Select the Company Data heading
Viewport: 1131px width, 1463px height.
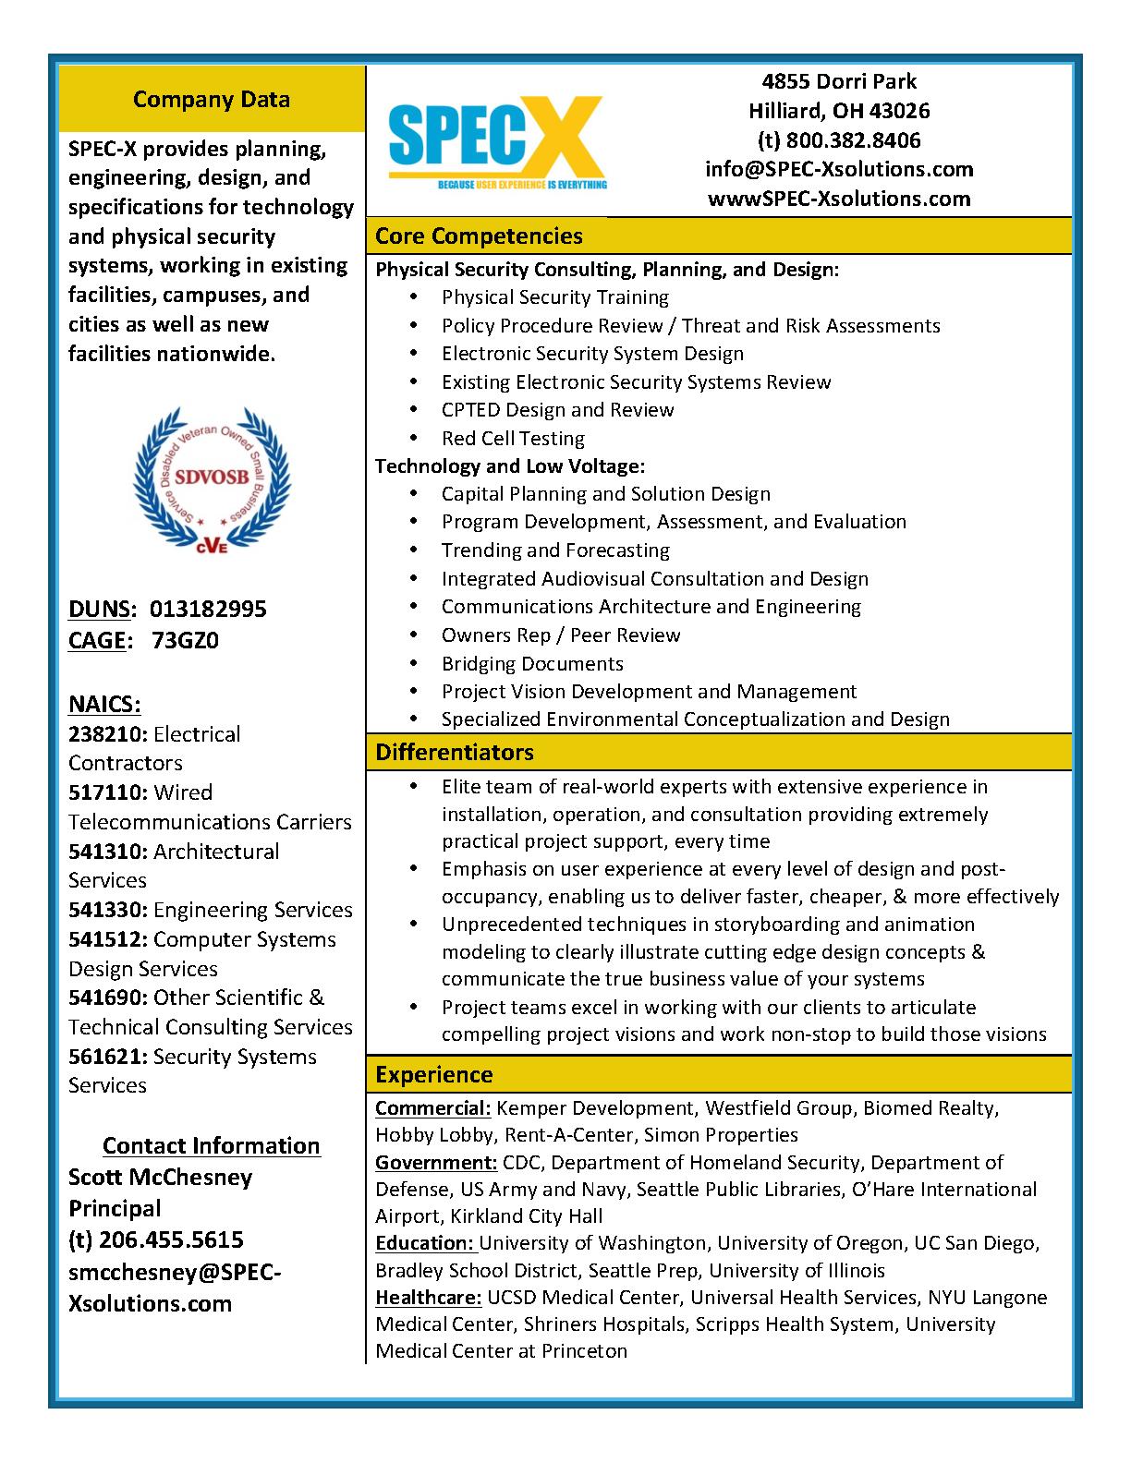click(x=212, y=99)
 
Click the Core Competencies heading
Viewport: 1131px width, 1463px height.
click(x=479, y=236)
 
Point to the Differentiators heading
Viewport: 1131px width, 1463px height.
click(x=454, y=752)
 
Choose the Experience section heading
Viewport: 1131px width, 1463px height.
click(x=433, y=1074)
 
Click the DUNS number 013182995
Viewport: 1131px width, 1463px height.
click(x=208, y=609)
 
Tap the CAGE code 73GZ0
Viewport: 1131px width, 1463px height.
click(x=185, y=640)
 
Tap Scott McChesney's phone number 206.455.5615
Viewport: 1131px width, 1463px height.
click(x=171, y=1239)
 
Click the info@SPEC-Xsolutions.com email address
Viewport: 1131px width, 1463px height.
click(x=839, y=169)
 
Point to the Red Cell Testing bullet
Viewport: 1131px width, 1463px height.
click(x=513, y=438)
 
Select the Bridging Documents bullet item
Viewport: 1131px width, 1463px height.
click(x=532, y=663)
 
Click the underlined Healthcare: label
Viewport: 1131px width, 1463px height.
click(x=429, y=1297)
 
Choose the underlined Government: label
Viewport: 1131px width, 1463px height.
click(x=436, y=1162)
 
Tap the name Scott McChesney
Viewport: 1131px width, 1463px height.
click(x=161, y=1177)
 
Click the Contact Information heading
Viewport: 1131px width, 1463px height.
click(x=212, y=1145)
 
